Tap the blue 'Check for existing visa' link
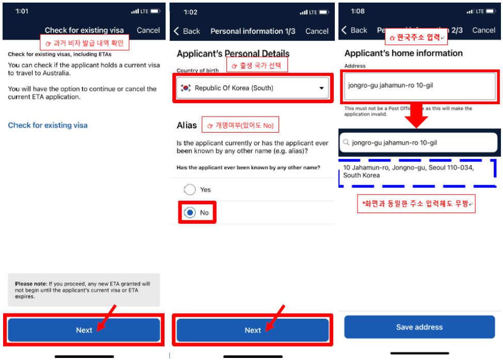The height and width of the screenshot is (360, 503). (x=48, y=125)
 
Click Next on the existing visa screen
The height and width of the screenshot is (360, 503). (x=84, y=330)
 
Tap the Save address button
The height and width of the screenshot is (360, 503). (x=419, y=327)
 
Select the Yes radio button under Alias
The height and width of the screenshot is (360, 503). (x=189, y=189)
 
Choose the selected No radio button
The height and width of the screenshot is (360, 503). (x=190, y=212)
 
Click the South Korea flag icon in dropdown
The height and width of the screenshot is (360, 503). (x=186, y=88)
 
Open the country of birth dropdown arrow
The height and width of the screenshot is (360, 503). (x=321, y=88)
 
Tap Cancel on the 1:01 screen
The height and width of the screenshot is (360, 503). (x=148, y=30)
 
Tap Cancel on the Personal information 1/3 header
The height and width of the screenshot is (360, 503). (x=317, y=31)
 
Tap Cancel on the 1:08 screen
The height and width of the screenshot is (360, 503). (x=483, y=30)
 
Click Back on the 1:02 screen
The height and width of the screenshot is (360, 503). (x=187, y=31)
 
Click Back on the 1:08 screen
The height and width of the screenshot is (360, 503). (x=354, y=30)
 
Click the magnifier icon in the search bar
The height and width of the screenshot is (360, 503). (x=346, y=142)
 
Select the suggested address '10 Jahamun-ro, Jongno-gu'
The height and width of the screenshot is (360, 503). (x=408, y=171)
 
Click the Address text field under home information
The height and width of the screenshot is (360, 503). (x=419, y=86)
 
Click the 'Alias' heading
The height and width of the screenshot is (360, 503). (x=187, y=125)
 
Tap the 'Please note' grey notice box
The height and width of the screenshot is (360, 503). (x=84, y=290)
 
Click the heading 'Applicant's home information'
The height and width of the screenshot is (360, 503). (x=403, y=53)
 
